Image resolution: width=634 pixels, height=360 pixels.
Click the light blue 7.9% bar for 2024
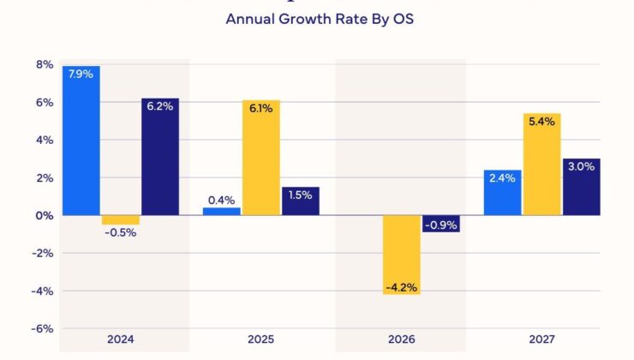pos(81,141)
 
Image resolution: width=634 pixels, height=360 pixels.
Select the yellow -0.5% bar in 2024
pos(121,219)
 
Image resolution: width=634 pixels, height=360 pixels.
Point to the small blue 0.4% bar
pos(222,211)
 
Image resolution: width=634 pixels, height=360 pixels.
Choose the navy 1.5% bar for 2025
pos(301,201)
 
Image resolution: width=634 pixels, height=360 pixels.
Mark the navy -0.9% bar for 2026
pos(441,223)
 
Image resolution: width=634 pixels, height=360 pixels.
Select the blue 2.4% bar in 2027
pos(503,192)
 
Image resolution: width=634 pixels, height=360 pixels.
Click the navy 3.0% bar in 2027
pos(582,187)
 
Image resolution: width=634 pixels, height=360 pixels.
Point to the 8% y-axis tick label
pos(45,65)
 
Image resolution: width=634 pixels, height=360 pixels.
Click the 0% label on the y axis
pos(45,215)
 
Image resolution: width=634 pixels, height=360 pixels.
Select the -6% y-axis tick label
pos(42,328)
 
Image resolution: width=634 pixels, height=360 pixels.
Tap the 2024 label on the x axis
pos(121,339)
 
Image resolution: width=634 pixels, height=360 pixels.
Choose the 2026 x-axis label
pos(402,339)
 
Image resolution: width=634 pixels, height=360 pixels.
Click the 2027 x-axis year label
pos(542,339)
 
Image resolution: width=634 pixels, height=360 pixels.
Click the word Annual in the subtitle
pos(248,18)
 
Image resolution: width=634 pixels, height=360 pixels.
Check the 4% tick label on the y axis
pos(45,140)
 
